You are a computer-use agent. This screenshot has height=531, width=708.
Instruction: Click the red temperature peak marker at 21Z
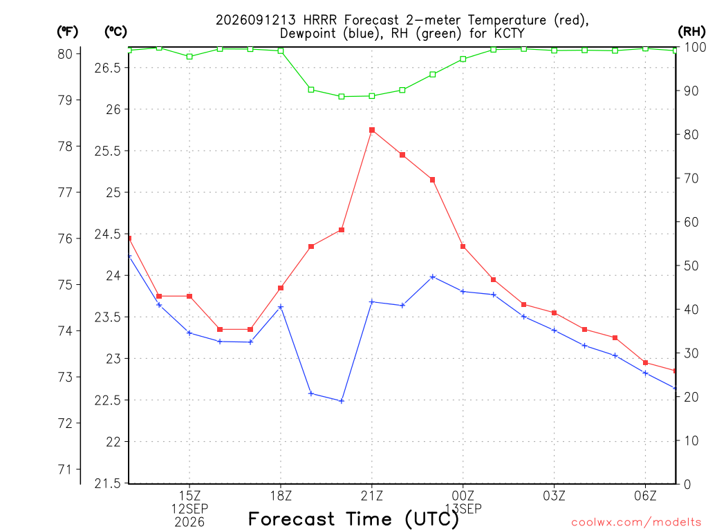point(371,130)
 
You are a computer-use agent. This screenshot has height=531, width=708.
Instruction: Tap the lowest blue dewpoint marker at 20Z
point(342,401)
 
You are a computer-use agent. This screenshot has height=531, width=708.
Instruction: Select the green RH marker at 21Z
point(371,95)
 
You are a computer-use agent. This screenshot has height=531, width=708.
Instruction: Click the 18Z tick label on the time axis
point(281,496)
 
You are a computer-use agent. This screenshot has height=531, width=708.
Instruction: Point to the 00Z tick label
point(463,496)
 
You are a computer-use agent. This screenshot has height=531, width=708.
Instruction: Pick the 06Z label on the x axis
point(645,496)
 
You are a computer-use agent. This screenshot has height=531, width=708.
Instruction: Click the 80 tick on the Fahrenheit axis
point(65,54)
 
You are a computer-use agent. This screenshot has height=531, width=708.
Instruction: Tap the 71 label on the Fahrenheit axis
point(65,469)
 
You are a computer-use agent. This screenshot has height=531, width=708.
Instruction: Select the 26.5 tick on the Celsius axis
point(107,68)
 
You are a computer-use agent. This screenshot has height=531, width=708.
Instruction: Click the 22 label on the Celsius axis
point(114,442)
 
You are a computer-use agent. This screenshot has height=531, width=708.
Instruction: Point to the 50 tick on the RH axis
point(691,265)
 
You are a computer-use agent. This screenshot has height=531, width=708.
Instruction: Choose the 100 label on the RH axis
point(695,47)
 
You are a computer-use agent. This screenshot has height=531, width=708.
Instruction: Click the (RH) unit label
point(691,32)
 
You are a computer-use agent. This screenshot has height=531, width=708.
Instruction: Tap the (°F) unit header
point(67,32)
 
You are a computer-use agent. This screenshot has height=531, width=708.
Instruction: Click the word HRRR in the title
point(321,20)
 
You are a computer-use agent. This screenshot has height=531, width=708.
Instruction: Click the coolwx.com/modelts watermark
point(636,523)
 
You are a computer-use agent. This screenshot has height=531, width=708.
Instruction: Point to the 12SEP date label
point(189,509)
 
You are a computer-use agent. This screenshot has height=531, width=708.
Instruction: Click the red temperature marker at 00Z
point(463,247)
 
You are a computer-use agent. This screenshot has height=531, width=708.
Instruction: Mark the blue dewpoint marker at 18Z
point(281,307)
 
